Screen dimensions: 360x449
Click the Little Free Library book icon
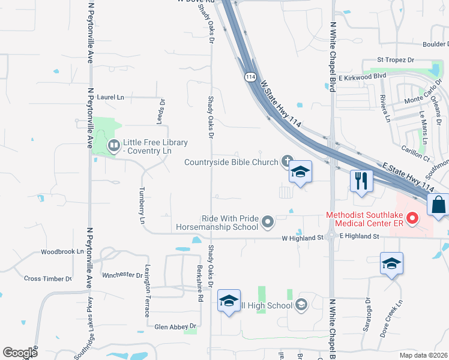coord(113,145)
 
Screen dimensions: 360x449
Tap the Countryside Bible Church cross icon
coord(288,161)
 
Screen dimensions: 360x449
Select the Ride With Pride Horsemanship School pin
coord(268,223)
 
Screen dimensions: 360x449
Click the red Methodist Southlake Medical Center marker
coord(412,220)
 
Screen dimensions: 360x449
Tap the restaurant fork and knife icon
coord(361,181)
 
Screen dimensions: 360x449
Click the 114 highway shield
coord(249,77)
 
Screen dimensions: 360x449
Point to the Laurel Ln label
coord(110,97)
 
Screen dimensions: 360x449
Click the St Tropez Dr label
coord(396,60)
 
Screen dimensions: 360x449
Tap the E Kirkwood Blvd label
coord(361,77)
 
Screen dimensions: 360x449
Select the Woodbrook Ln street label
coord(62,252)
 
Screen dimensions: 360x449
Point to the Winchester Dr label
coord(122,275)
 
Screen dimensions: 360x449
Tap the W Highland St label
coord(303,238)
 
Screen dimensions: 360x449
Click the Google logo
coord(20,353)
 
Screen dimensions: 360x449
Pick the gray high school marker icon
coord(301,305)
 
